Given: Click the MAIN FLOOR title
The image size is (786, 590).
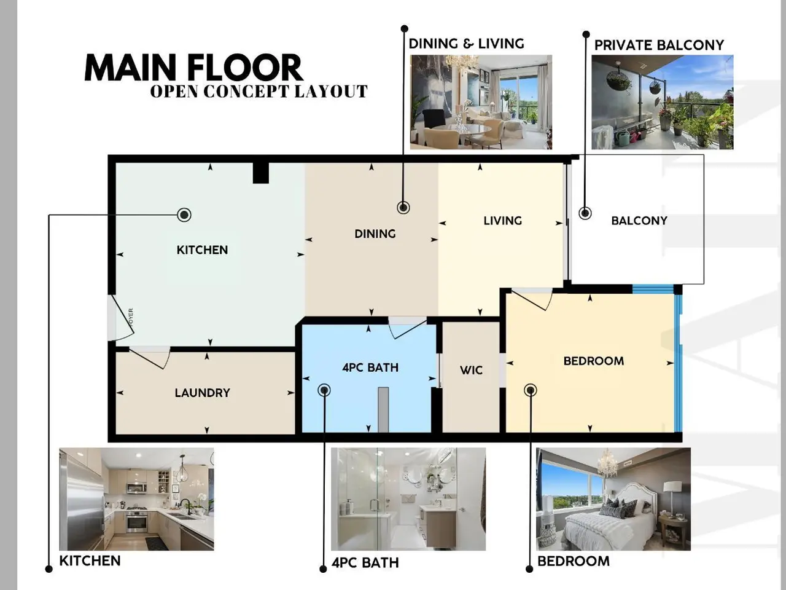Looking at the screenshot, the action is click(193, 68).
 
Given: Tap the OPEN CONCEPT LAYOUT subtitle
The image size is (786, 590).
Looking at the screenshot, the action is click(259, 92).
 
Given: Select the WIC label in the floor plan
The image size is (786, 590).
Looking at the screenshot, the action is click(471, 370).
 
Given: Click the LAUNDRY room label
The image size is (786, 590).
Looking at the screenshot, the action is click(202, 393).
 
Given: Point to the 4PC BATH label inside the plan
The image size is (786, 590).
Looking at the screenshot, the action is click(370, 368).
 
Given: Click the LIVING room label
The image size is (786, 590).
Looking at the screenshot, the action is click(503, 221).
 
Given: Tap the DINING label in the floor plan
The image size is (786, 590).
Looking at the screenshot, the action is click(375, 234).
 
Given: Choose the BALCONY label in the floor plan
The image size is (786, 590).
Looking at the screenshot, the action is click(639, 221).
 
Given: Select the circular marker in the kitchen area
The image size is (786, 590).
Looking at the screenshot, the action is click(184, 215).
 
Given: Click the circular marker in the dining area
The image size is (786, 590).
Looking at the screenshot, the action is click(403, 207).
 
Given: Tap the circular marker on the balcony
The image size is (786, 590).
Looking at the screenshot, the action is click(585, 213).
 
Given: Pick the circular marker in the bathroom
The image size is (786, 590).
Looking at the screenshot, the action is click(324, 390).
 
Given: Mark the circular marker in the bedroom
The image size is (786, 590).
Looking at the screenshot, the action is click(531, 390).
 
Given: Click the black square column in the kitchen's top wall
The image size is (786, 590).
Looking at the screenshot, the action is click(261, 173).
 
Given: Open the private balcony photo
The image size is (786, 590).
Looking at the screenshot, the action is click(662, 102).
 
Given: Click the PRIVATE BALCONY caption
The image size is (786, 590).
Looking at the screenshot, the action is click(659, 45).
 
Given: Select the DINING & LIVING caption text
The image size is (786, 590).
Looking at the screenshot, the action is click(466, 44).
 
